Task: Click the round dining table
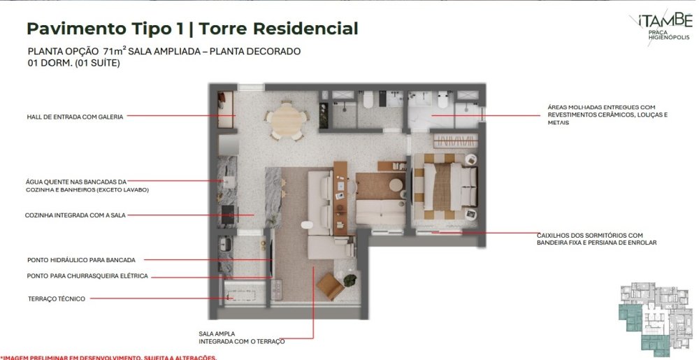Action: pos(288,120)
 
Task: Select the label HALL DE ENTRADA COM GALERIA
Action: pos(75,117)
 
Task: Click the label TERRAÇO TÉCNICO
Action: pos(56,299)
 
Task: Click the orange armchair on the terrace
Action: pos(331,286)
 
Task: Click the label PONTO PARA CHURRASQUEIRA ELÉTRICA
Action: pos(87,276)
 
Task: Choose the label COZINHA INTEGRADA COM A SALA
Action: pos(75,215)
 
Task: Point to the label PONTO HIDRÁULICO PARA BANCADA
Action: pos(81,260)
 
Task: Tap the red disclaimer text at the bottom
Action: pos(108,357)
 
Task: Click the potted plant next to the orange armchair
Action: pos(350,280)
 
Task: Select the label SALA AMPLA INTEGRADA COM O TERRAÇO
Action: pos(242,338)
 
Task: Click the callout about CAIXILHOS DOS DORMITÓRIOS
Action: pos(596,239)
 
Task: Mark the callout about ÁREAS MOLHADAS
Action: pos(607,115)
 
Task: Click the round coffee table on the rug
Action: pos(396,185)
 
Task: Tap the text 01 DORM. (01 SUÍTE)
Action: pos(73,64)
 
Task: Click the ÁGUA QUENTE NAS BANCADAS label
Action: pos(87,186)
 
